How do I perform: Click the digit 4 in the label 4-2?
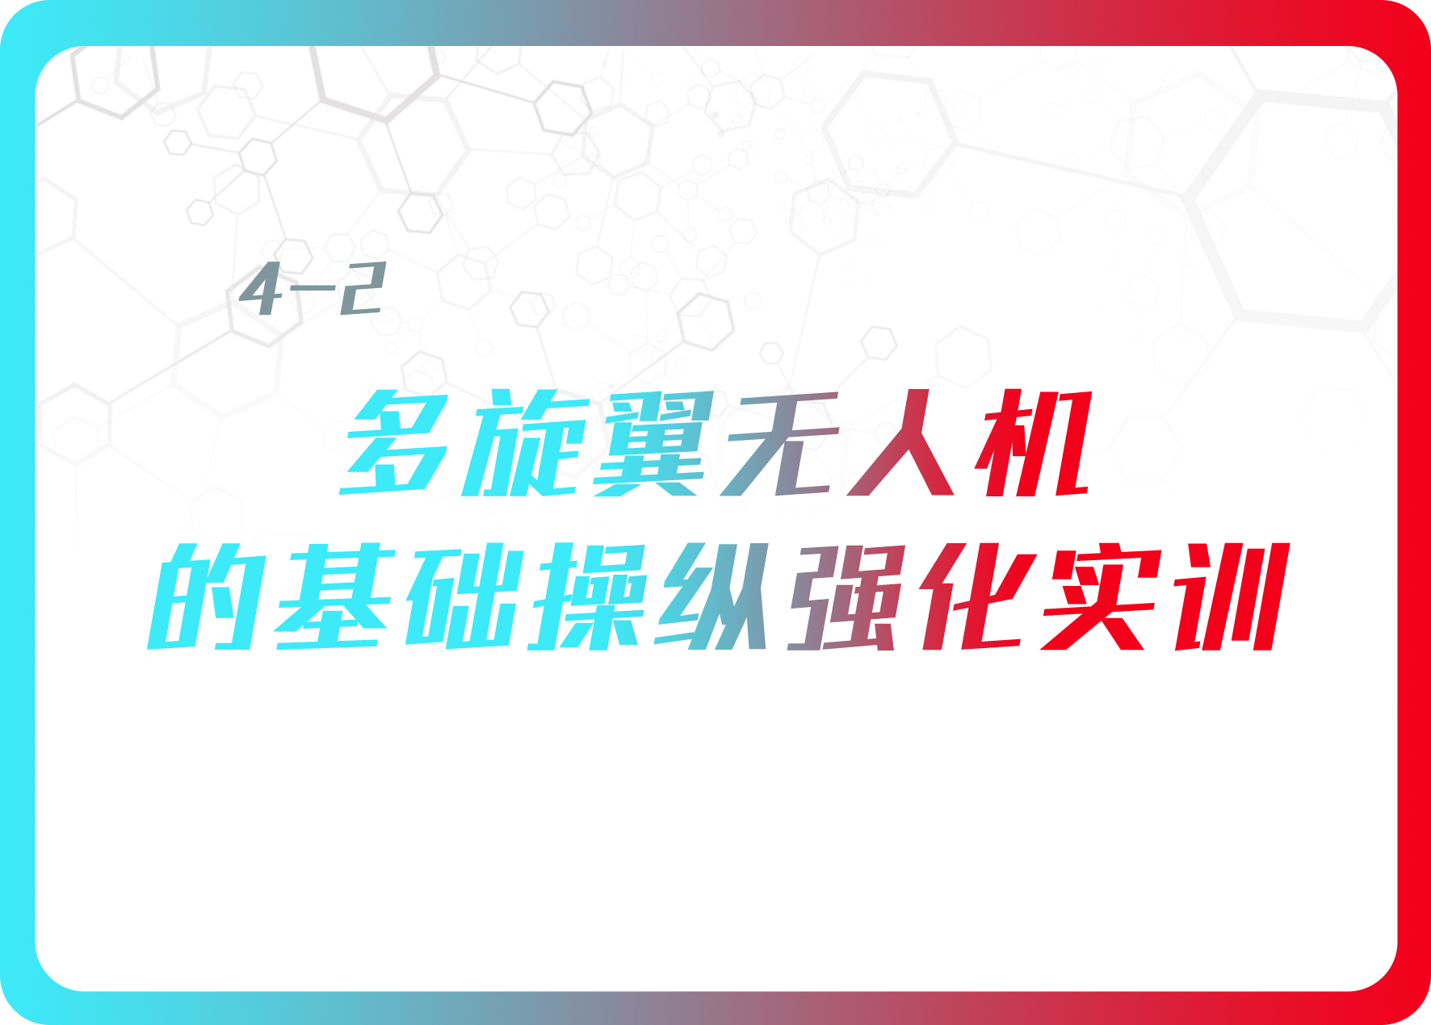pos(262,288)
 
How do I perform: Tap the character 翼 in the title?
pos(654,443)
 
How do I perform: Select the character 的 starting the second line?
pos(206,596)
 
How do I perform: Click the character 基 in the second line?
pos(335,596)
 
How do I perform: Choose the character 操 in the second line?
pos(590,596)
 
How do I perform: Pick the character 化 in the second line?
pos(977,596)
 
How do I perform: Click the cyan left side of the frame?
pos(17,512)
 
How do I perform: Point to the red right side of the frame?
pos(1414,512)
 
